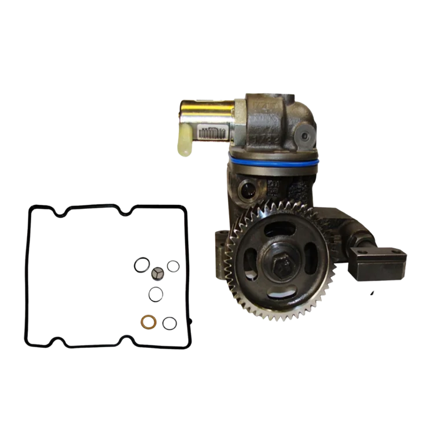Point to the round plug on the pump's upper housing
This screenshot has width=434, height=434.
[x=303, y=137]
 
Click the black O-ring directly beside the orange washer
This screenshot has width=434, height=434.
[x=169, y=323]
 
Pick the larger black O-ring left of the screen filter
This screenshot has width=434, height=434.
[x=139, y=266]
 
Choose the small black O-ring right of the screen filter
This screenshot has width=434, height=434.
[x=173, y=266]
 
